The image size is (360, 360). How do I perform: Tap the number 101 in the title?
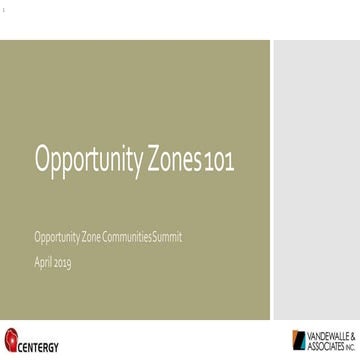(x=220, y=161)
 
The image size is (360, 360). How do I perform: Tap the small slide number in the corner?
(x=4, y=6)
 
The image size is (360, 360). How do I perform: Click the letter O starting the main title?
(x=42, y=158)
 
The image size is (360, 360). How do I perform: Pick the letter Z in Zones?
(x=156, y=158)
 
